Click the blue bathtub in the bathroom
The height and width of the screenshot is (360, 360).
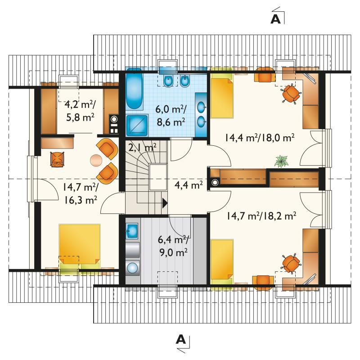pos(134,89)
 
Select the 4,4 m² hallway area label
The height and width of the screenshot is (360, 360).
pos(189,184)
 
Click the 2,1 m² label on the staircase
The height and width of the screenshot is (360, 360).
pos(142,147)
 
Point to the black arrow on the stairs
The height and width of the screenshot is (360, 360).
pos(165,203)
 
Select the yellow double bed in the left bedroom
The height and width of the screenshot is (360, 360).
pos(80,243)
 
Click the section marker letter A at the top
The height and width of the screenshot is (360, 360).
pos(275,19)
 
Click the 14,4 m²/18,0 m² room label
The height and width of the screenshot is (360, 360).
pos(260,138)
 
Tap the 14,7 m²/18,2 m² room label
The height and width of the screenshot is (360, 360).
pos(261,216)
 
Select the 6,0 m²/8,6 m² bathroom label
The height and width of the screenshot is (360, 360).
pos(171,116)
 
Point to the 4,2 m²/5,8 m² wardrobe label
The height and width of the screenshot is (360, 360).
pos(80,111)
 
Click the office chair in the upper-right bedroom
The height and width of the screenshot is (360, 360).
pos(291,94)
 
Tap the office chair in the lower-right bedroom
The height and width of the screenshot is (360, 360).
pos(291,263)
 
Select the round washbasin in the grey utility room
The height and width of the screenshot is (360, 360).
pos(133,268)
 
